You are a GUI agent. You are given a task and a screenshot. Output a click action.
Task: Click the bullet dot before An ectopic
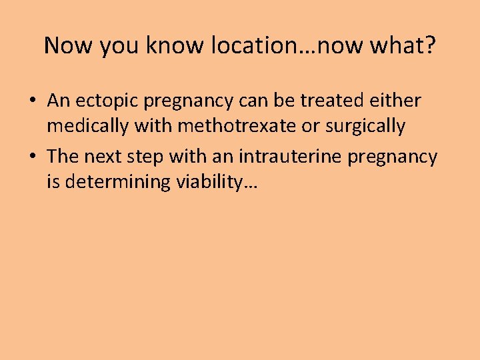(x=32, y=101)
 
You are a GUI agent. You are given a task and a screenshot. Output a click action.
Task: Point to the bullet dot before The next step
(x=32, y=157)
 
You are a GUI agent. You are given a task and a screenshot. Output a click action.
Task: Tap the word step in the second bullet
(x=147, y=157)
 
